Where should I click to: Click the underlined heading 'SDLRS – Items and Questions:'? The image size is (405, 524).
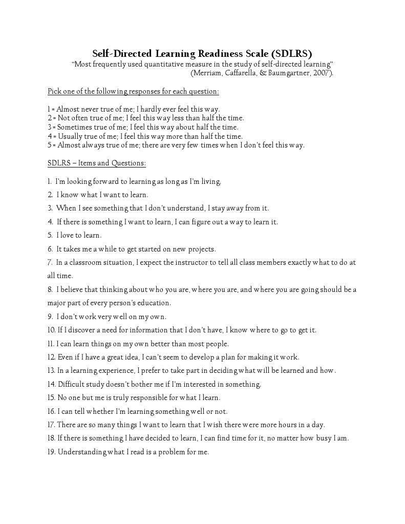97,163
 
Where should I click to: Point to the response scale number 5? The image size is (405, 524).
50,145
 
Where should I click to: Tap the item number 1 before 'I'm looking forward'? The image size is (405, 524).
49,181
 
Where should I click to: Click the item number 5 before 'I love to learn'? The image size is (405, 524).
50,235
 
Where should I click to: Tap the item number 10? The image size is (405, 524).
51,330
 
